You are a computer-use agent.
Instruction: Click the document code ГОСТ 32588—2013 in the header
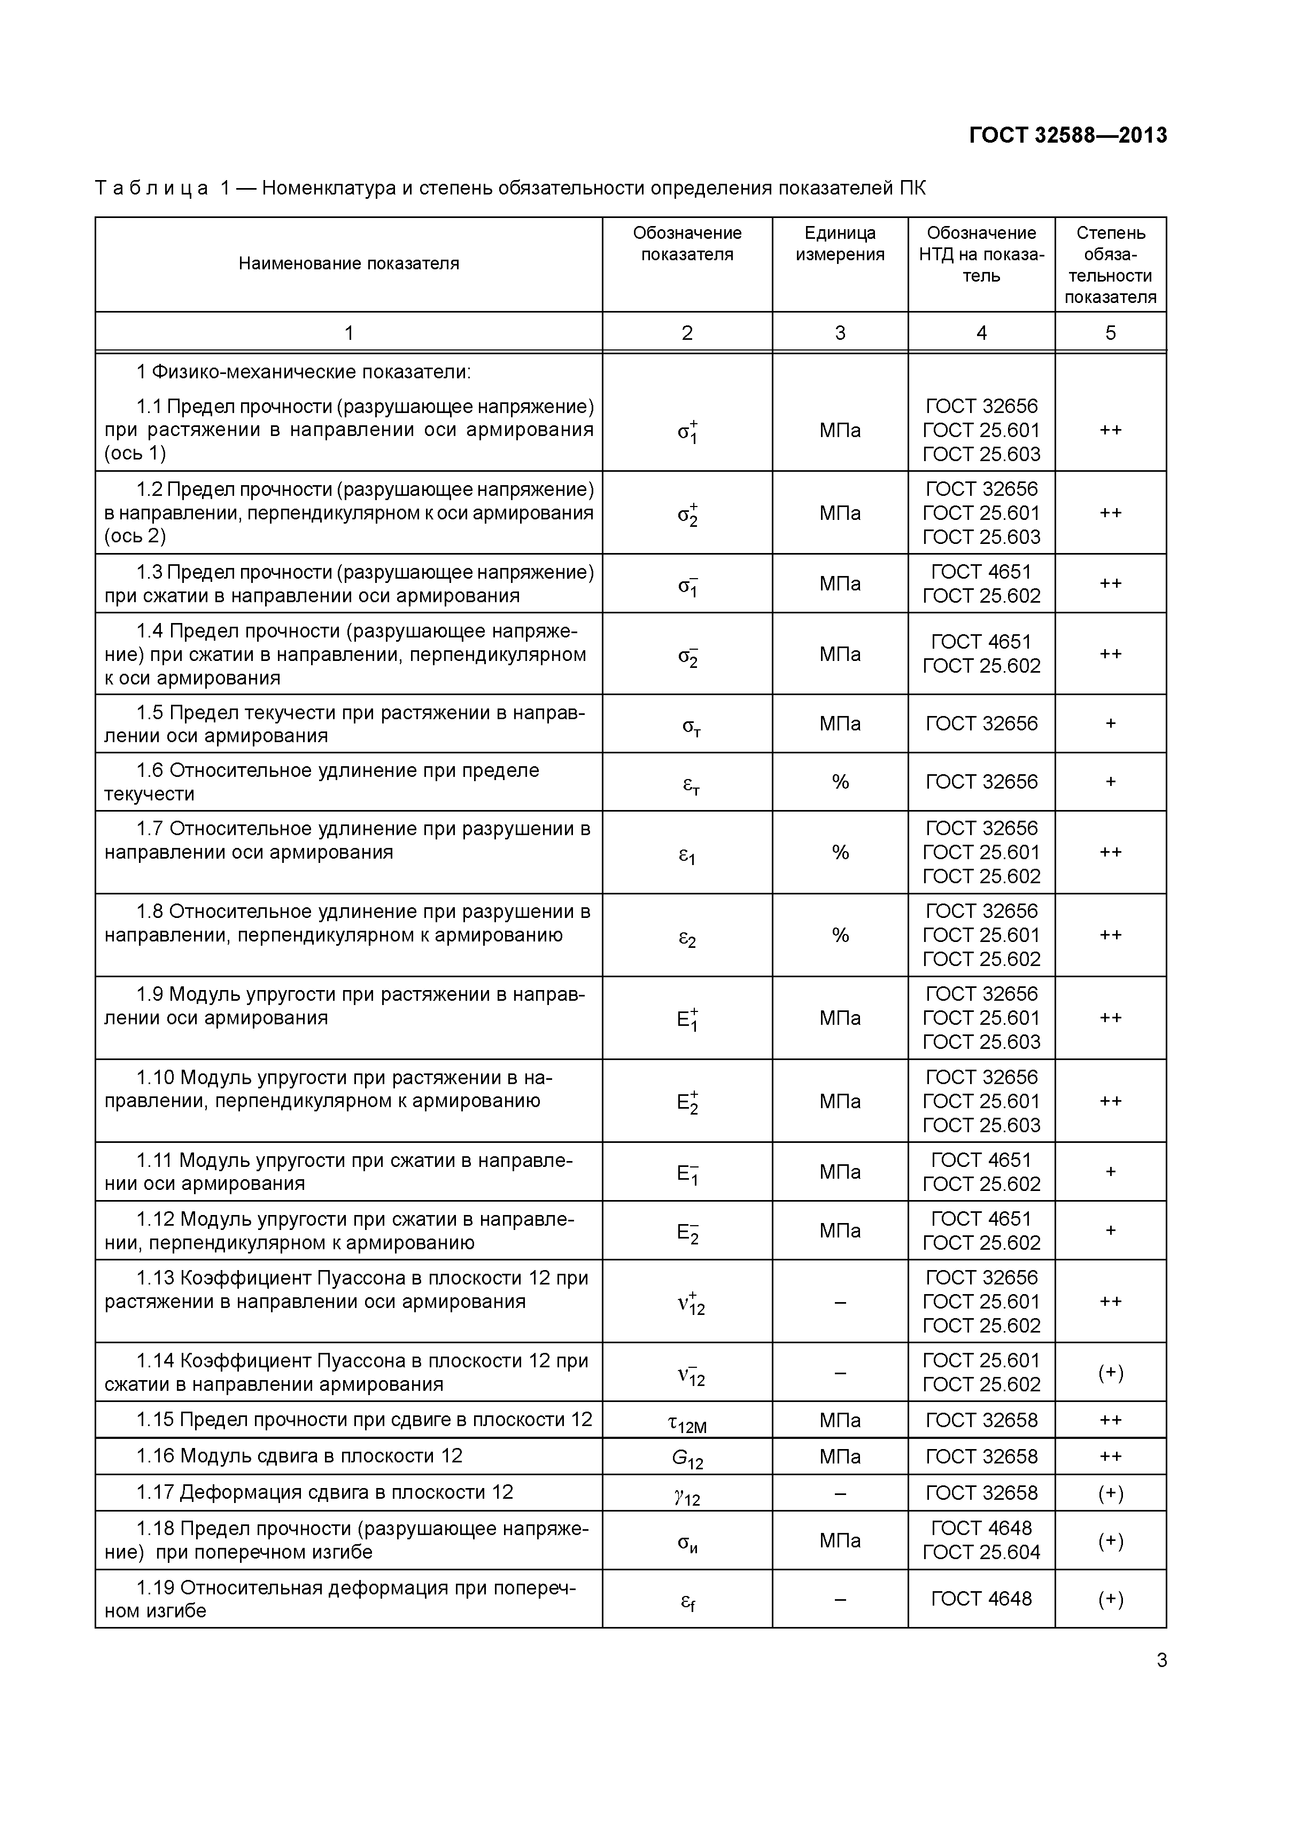click(1067, 136)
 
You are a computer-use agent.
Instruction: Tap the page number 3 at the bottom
click(1161, 1660)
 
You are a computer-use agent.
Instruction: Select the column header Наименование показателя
click(348, 264)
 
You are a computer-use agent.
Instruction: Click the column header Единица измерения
click(840, 244)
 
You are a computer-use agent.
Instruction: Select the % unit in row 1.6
click(840, 782)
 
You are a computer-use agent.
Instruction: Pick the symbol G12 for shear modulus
click(687, 1459)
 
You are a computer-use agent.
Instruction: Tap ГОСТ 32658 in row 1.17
click(981, 1493)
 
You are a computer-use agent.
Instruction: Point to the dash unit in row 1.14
click(840, 1373)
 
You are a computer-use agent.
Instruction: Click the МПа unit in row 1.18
click(840, 1541)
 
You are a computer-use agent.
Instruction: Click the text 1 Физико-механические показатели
click(304, 372)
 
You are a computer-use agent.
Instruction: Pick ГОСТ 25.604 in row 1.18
click(981, 1553)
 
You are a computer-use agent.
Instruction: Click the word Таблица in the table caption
click(151, 188)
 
